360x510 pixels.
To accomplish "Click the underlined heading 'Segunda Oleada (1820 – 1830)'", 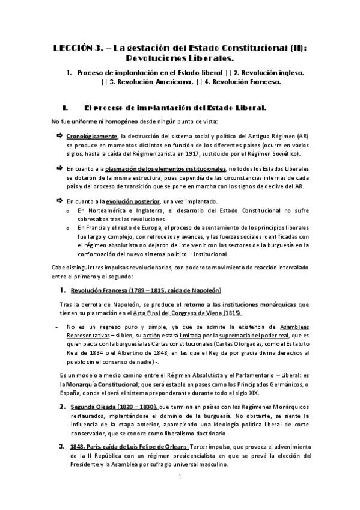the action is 114,407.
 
